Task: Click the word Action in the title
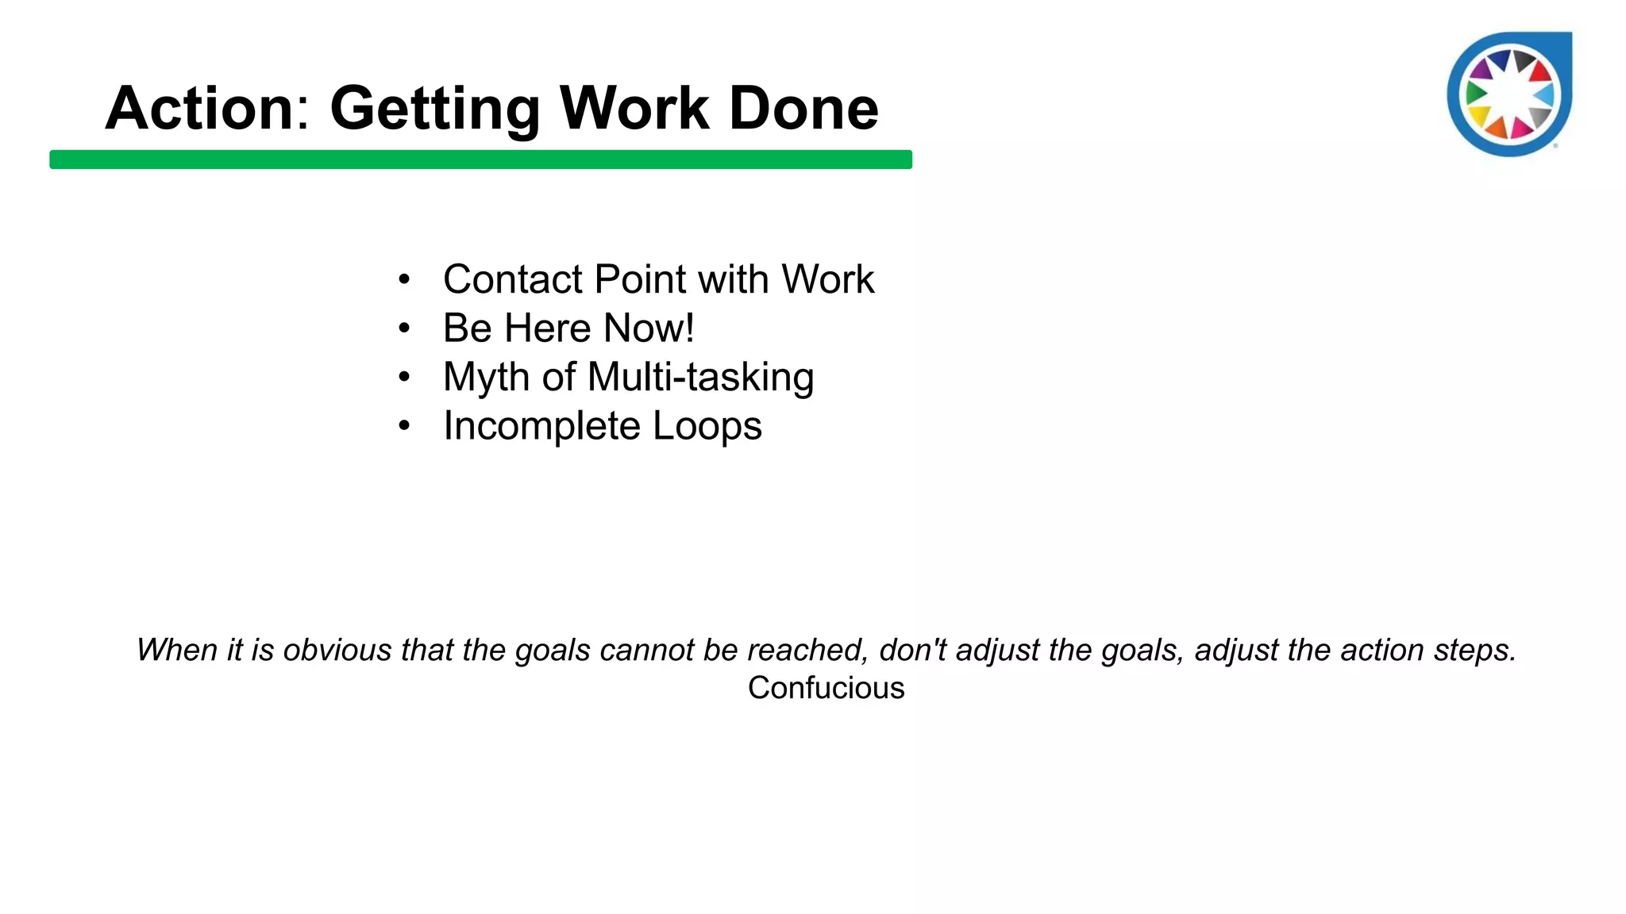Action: click(199, 108)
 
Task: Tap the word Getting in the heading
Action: click(434, 109)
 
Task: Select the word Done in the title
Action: click(803, 108)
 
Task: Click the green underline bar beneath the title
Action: click(480, 159)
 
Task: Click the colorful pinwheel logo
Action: click(1508, 94)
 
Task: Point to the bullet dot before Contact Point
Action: click(404, 280)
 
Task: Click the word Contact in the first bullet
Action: click(513, 279)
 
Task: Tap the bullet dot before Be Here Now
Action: click(404, 328)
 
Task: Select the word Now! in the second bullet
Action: click(649, 328)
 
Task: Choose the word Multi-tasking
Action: click(700, 378)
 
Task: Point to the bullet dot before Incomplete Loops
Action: click(404, 426)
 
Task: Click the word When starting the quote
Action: click(176, 650)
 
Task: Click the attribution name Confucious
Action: click(826, 688)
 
